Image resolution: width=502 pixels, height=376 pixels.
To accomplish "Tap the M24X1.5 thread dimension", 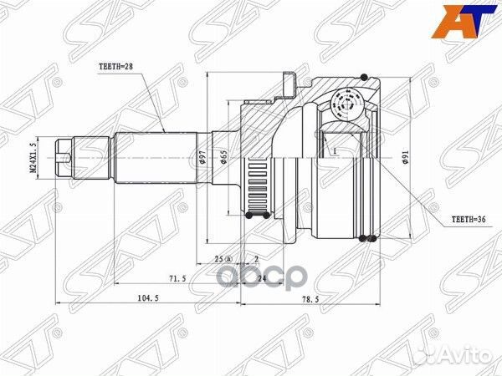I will [34, 158].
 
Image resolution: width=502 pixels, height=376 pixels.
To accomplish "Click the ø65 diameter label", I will [225, 159].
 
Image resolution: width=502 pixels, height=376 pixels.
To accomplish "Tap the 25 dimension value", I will [217, 260].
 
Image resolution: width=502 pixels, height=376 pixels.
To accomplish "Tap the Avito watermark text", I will [464, 358].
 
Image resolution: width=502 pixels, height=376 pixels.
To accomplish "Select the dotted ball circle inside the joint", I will [344, 104].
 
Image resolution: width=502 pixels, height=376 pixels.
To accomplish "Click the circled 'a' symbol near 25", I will [228, 260].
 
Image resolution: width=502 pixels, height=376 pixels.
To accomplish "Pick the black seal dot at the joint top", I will [364, 78].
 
